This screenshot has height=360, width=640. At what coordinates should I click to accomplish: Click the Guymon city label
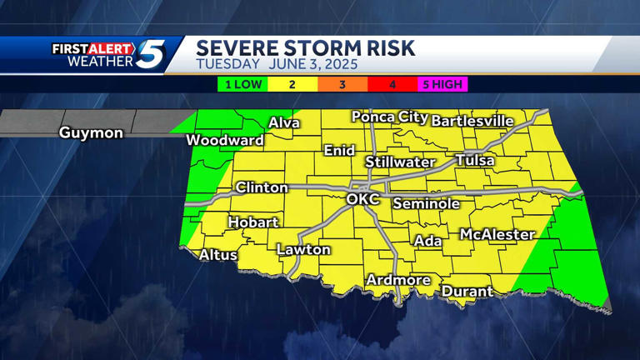pos(91,133)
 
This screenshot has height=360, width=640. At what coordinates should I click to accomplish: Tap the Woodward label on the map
pos(224,140)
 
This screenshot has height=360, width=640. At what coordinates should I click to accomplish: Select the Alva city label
pos(284,123)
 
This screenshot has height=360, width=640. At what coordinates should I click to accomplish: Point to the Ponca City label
pos(389,117)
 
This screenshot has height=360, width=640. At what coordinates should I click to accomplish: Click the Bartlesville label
pos(472,121)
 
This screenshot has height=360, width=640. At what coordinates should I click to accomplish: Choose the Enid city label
pos(339,151)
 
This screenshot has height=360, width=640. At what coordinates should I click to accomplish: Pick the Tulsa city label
pos(475,160)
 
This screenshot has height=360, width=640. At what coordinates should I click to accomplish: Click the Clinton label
pos(262,187)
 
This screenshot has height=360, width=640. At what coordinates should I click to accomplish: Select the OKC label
pos(362,200)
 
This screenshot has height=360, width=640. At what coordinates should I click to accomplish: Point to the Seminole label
pos(427,203)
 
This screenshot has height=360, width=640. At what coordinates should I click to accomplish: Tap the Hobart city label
pos(253,222)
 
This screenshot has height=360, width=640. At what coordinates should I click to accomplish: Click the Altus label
pos(218,255)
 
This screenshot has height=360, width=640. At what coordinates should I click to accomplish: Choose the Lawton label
pos(303,249)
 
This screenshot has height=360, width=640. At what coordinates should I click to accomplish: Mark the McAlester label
pos(497,235)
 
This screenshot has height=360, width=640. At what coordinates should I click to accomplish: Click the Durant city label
pos(467,292)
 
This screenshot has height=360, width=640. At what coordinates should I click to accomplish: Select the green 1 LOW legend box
pos(242,84)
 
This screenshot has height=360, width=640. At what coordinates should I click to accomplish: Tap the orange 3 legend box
pos(342,84)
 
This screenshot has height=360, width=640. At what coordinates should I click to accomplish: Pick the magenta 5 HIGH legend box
pos(442,84)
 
